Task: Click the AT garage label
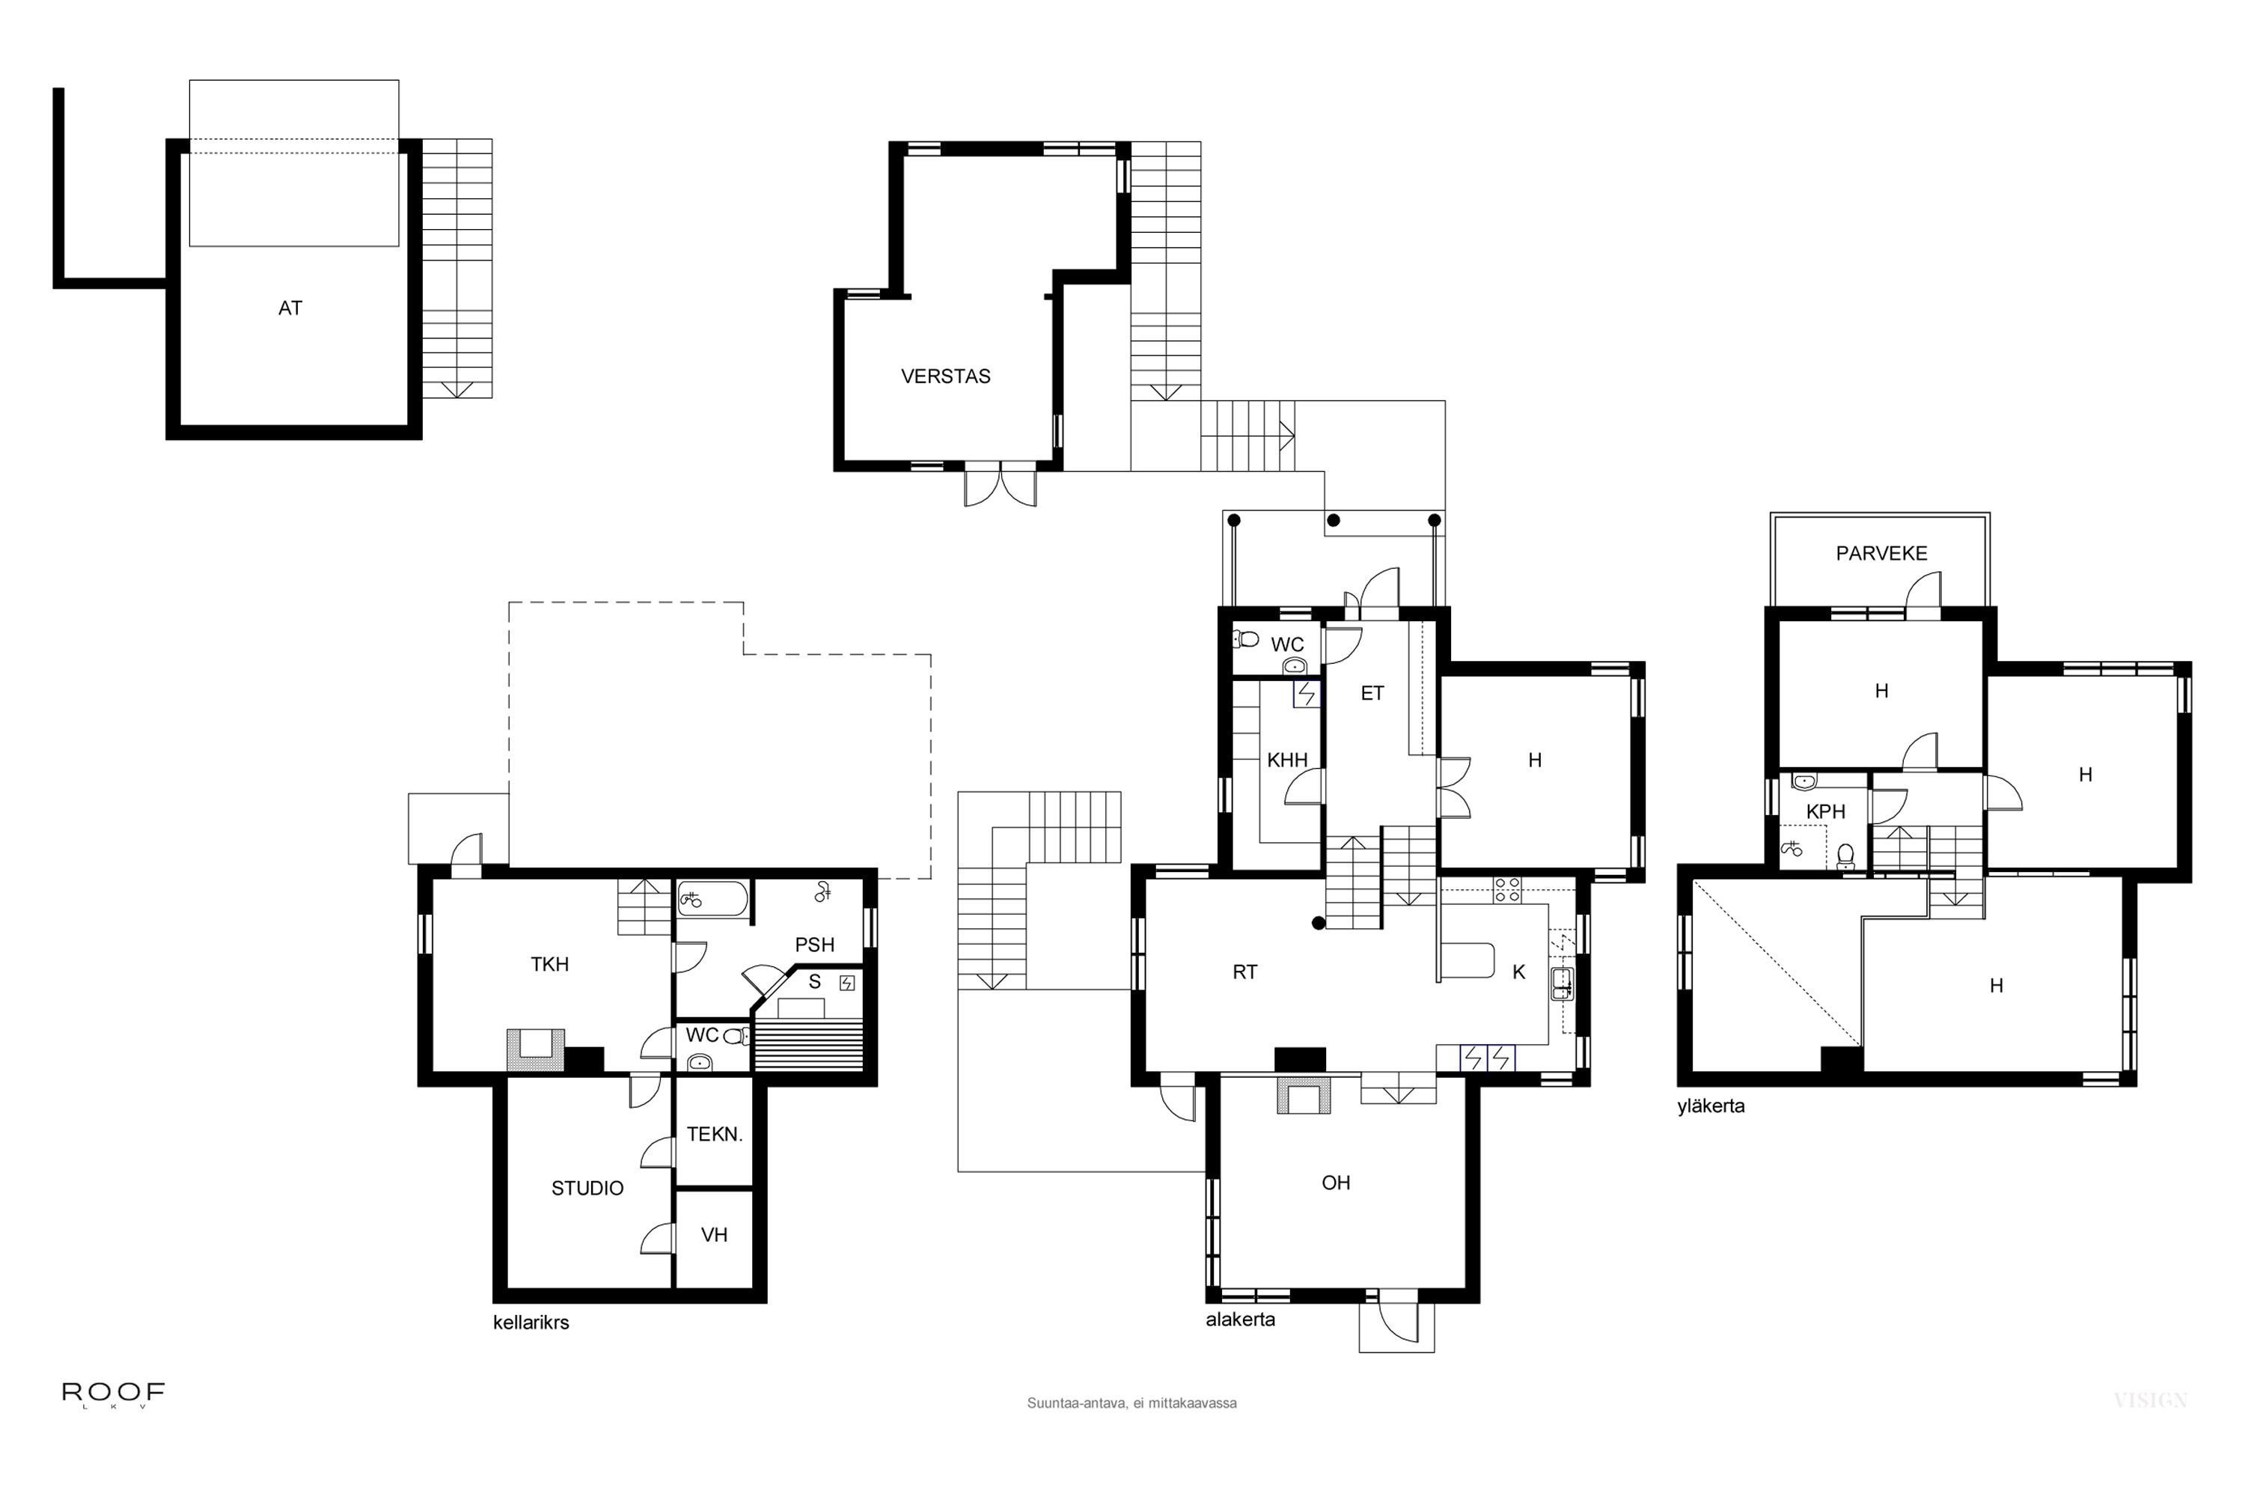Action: (x=290, y=308)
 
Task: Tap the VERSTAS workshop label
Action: (x=945, y=376)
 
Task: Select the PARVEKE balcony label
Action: (x=1881, y=554)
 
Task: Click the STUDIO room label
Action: (x=587, y=1188)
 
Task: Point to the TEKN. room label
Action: (x=714, y=1134)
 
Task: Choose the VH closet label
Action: (x=714, y=1236)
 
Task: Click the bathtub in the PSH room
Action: (x=712, y=900)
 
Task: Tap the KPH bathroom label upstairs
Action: (x=1825, y=811)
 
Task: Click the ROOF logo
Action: (x=114, y=1394)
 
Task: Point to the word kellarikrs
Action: (x=531, y=1323)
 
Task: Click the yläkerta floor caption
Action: (x=1711, y=1106)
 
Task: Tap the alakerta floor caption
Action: (x=1240, y=1320)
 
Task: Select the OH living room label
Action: (x=1335, y=1183)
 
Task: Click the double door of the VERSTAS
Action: (x=999, y=485)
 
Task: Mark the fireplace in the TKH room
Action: (x=536, y=1049)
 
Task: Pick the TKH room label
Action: (x=550, y=964)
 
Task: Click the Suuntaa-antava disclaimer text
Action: (x=1131, y=1403)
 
